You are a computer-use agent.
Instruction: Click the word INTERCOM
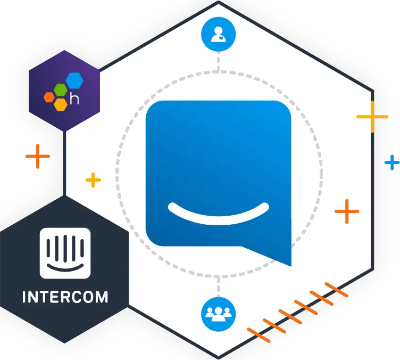(65, 297)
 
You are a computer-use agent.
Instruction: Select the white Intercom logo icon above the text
(65, 254)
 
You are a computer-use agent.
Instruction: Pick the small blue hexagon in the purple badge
(74, 80)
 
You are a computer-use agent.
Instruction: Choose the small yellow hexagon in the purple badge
(60, 103)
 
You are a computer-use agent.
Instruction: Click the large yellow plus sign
(372, 116)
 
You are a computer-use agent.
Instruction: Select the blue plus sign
(393, 162)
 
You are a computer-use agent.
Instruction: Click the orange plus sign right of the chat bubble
(347, 211)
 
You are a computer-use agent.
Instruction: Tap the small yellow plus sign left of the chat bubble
(93, 180)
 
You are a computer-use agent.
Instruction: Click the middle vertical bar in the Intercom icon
(65, 248)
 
